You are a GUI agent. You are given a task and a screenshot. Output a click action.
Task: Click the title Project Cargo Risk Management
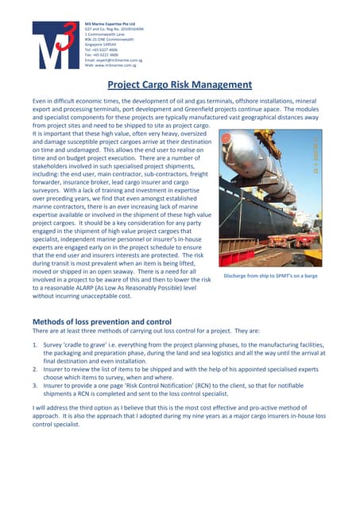tap(180, 84)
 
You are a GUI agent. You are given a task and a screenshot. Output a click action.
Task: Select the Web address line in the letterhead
tap(114, 64)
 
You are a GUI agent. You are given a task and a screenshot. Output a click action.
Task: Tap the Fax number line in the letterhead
tap(102, 55)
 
